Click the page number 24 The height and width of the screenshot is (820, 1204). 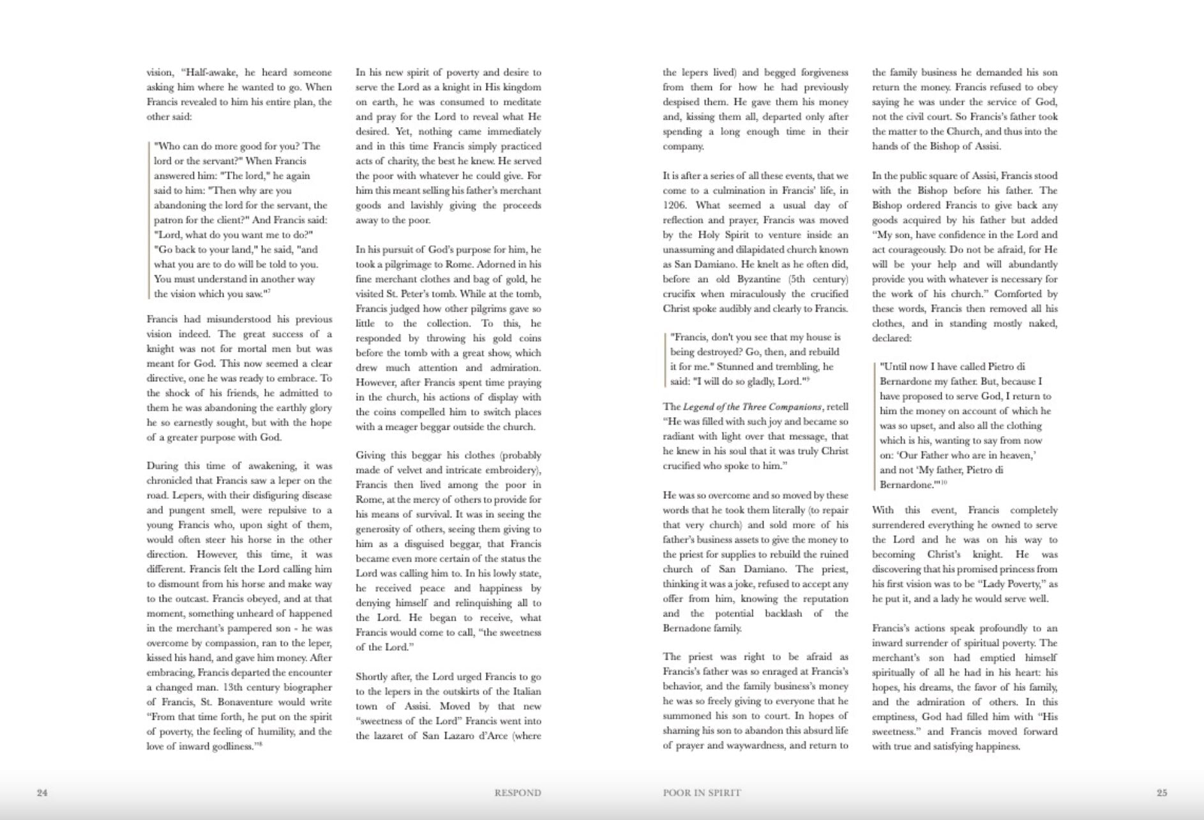[42, 793]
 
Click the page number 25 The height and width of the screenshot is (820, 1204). [1162, 793]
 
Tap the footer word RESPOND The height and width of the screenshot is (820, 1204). [517, 793]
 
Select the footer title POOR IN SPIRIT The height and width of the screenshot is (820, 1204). [702, 793]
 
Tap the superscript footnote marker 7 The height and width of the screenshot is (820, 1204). [269, 291]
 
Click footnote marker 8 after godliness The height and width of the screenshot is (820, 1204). [260, 744]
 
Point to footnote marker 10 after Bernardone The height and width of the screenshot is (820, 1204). [944, 483]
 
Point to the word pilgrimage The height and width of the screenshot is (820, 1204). [409, 264]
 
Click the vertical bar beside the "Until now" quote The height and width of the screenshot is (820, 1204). [875, 425]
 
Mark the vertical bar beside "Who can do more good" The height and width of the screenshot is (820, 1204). [149, 220]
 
